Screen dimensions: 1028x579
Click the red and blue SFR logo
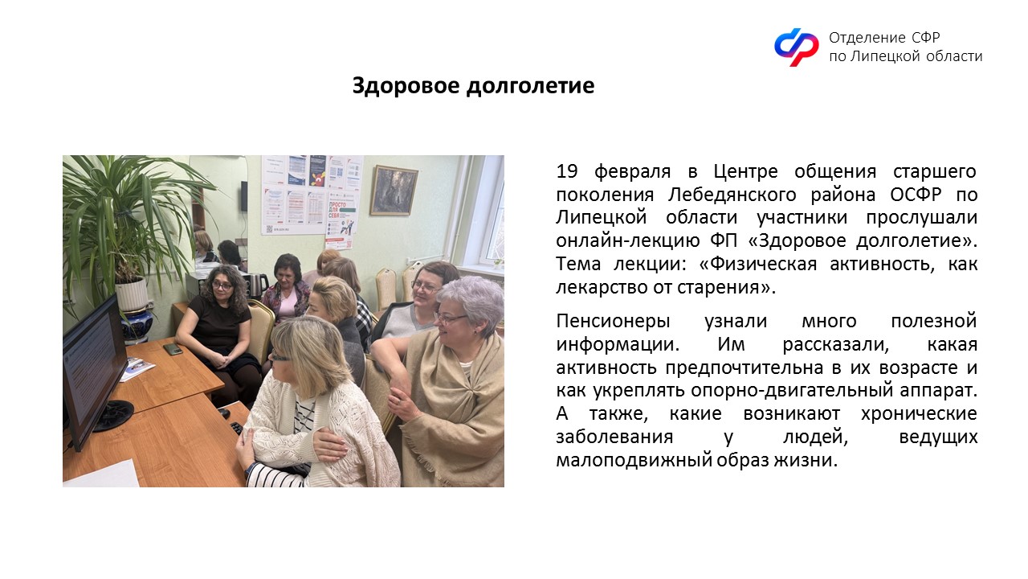tap(796, 47)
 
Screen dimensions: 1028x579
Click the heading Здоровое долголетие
tap(473, 86)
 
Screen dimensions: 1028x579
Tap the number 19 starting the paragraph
tap(567, 171)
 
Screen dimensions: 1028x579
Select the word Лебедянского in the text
tap(732, 195)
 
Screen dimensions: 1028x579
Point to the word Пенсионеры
tap(613, 321)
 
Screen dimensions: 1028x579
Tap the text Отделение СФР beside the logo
tap(884, 37)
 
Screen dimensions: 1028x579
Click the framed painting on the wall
tap(394, 191)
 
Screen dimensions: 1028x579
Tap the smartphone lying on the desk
tap(173, 349)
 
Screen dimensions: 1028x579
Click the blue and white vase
tap(137, 326)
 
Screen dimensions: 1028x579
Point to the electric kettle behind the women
tap(258, 285)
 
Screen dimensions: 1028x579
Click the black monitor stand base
tap(113, 415)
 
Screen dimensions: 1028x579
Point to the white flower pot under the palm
tap(132, 294)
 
